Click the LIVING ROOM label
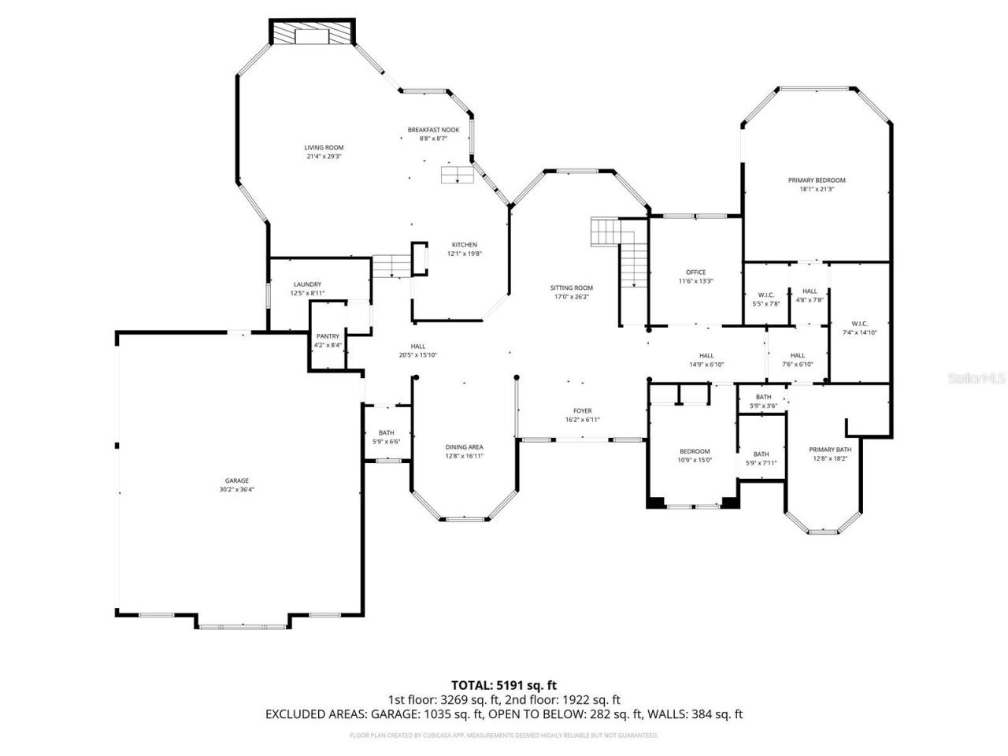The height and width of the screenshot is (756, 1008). (x=324, y=147)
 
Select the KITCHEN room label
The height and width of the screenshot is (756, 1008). (x=464, y=244)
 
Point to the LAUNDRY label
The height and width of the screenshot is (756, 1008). (x=307, y=284)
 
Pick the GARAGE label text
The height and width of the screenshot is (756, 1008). (x=236, y=480)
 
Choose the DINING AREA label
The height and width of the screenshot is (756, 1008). (x=464, y=447)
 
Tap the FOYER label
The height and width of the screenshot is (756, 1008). (x=582, y=410)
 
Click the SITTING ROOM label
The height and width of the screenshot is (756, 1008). (x=571, y=287)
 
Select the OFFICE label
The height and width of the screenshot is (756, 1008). (x=695, y=272)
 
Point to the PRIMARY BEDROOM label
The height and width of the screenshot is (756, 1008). (x=817, y=180)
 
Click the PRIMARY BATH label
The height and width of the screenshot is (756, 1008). (x=830, y=449)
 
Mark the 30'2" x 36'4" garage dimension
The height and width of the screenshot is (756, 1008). (x=236, y=490)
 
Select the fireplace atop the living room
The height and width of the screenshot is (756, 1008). (x=313, y=33)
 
